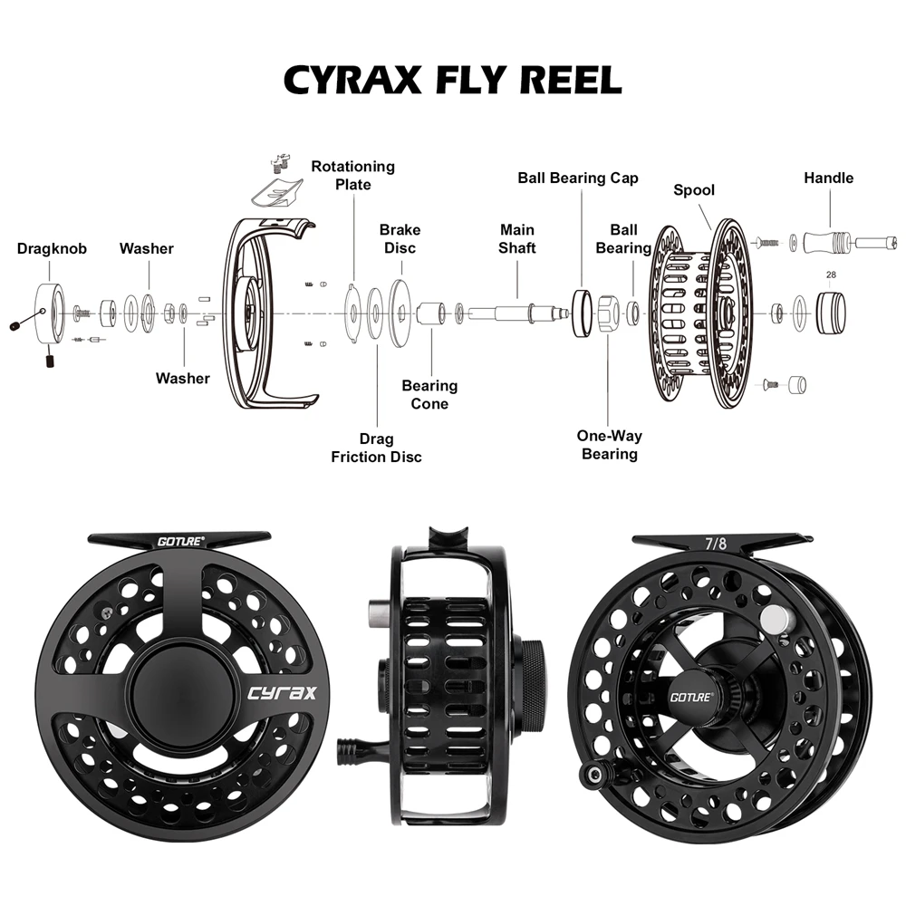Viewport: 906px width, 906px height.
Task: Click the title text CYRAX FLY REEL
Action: (453, 79)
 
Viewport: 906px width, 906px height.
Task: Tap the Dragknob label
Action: (52, 248)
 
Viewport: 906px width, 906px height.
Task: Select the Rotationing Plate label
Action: (352, 175)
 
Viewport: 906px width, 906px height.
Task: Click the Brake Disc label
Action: (399, 239)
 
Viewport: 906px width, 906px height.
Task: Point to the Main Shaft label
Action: (517, 239)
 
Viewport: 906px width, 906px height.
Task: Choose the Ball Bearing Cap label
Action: (578, 178)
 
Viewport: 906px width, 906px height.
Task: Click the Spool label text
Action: (694, 190)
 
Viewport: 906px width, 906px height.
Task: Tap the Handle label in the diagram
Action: (828, 178)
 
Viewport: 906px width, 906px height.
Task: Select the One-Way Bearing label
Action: (609, 445)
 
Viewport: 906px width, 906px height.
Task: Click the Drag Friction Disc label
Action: (376, 448)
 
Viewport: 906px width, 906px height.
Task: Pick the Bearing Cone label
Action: (429, 395)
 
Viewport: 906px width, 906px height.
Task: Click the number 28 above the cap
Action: (831, 274)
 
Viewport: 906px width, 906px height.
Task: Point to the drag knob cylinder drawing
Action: (51, 313)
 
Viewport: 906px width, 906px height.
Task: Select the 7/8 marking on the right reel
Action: (716, 544)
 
